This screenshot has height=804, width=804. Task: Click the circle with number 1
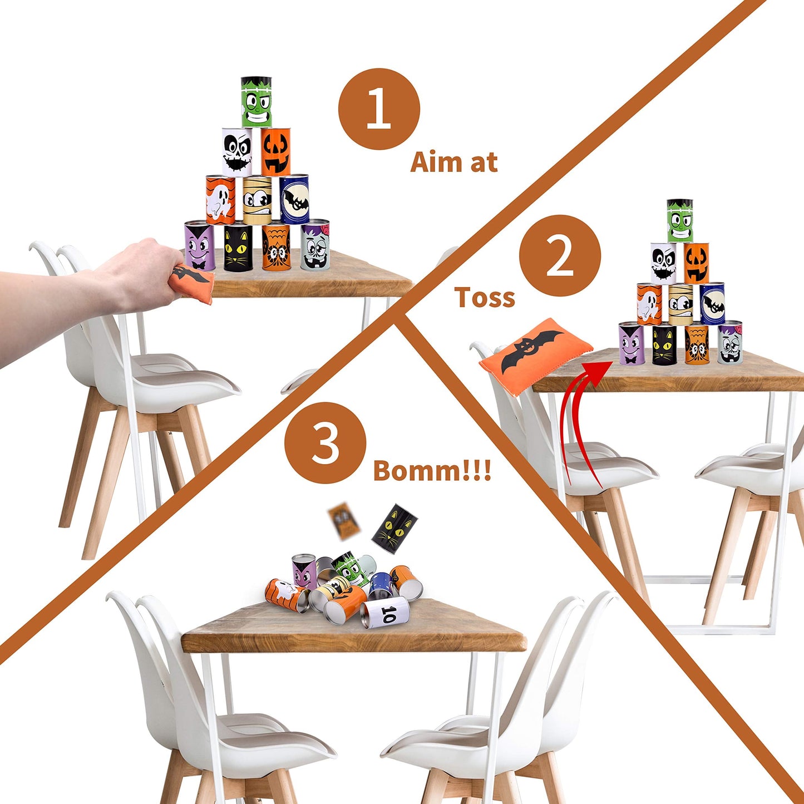(x=379, y=109)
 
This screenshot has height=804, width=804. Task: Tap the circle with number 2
(x=560, y=256)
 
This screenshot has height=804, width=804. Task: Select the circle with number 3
(x=325, y=443)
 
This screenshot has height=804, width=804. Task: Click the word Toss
(x=485, y=298)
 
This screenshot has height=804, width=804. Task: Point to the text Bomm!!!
(x=432, y=471)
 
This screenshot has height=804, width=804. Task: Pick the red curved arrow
(x=578, y=421)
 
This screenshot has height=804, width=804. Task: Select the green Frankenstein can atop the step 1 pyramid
(x=256, y=102)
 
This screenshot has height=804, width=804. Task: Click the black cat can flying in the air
(x=394, y=528)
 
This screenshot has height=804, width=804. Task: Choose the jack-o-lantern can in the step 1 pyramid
(x=276, y=152)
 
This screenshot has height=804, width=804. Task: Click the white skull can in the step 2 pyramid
(x=663, y=263)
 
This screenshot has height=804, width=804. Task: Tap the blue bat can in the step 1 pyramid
(x=294, y=199)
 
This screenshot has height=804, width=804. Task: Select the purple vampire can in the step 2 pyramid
(x=632, y=343)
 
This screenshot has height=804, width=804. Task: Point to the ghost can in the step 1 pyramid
(x=220, y=200)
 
